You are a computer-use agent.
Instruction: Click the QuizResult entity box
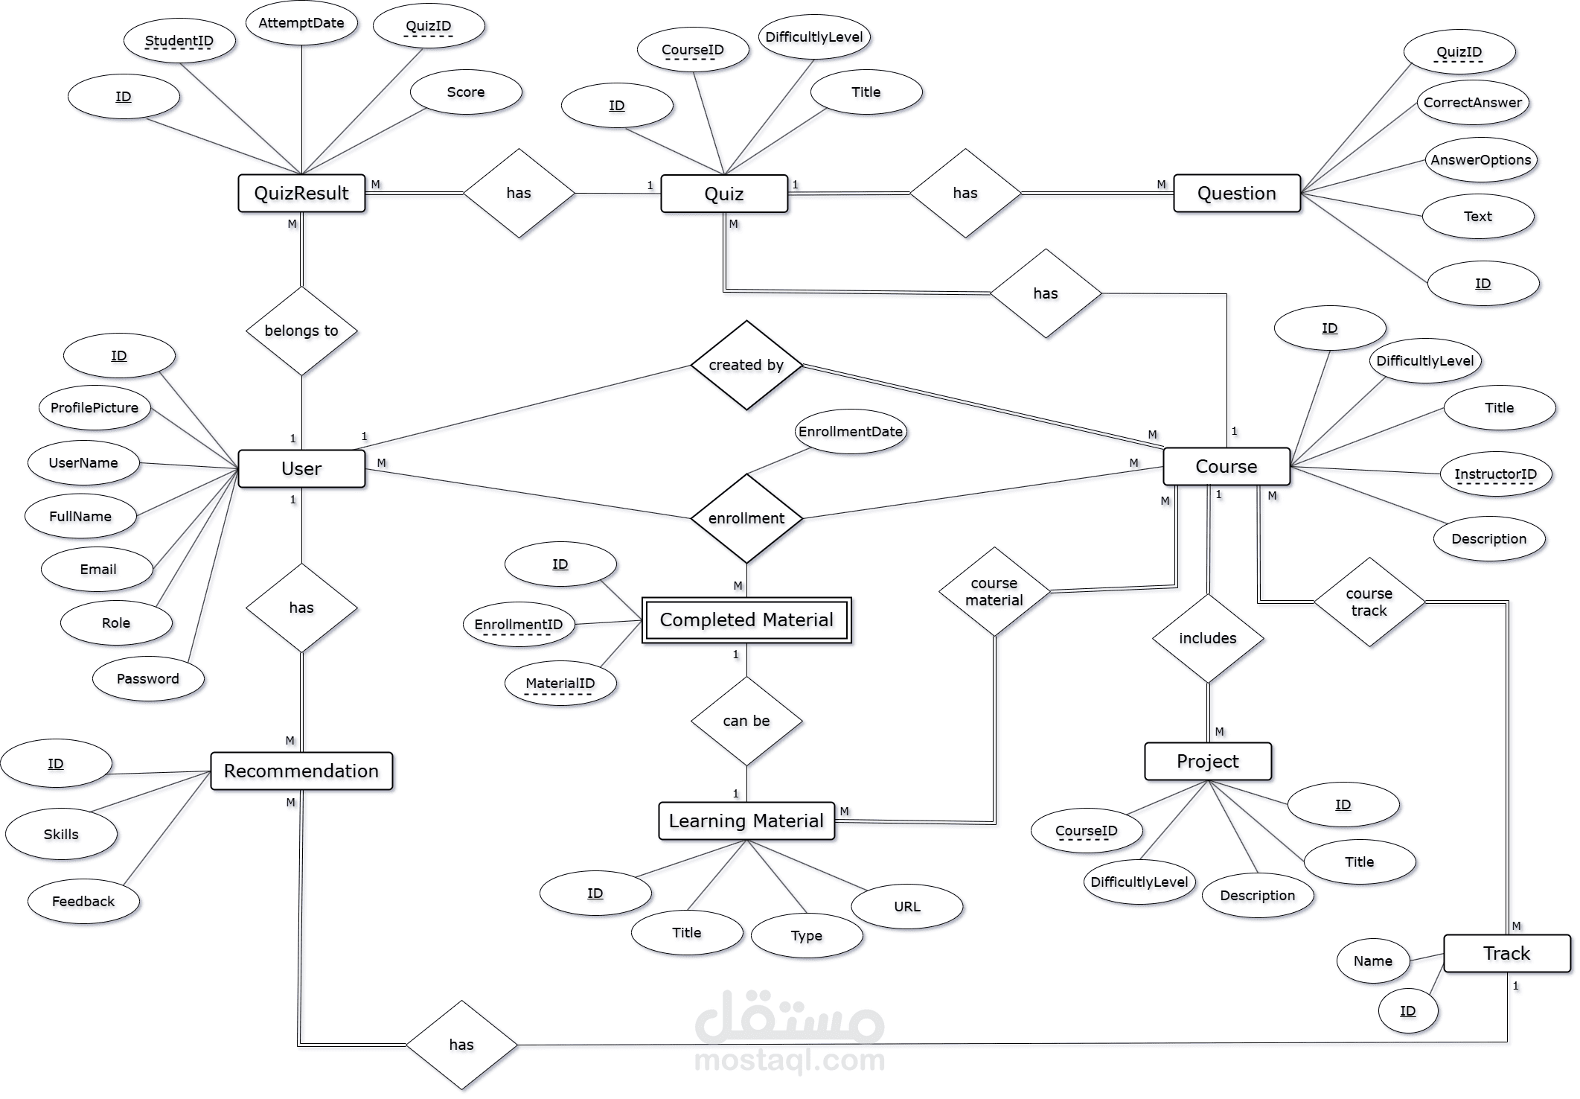pyautogui.click(x=301, y=194)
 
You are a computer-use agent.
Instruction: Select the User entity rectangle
pyautogui.click(x=301, y=468)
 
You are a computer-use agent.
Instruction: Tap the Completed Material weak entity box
pyautogui.click(x=746, y=620)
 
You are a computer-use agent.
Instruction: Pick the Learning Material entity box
pyautogui.click(x=746, y=821)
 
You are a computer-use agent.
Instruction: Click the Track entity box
pyautogui.click(x=1507, y=953)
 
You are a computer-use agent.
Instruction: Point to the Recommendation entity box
pyautogui.click(x=301, y=771)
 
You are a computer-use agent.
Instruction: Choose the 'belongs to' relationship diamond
pyautogui.click(x=301, y=331)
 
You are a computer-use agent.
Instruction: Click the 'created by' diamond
pyautogui.click(x=746, y=365)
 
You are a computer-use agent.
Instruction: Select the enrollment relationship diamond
pyautogui.click(x=746, y=518)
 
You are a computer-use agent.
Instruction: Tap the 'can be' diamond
pyautogui.click(x=746, y=721)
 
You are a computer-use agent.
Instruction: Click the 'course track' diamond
pyautogui.click(x=1369, y=602)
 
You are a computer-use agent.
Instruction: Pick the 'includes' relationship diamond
pyautogui.click(x=1208, y=638)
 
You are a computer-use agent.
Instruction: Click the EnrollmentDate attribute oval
pyautogui.click(x=851, y=431)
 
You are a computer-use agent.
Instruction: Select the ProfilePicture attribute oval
pyautogui.click(x=95, y=407)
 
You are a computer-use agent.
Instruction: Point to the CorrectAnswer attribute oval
pyautogui.click(x=1473, y=103)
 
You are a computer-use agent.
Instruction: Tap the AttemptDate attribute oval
pyautogui.click(x=301, y=22)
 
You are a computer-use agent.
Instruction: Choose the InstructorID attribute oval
pyautogui.click(x=1496, y=474)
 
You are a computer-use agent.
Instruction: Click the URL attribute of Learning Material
pyautogui.click(x=907, y=906)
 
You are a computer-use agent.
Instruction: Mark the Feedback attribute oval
pyautogui.click(x=83, y=901)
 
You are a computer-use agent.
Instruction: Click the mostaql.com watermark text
pyautogui.click(x=790, y=1060)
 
